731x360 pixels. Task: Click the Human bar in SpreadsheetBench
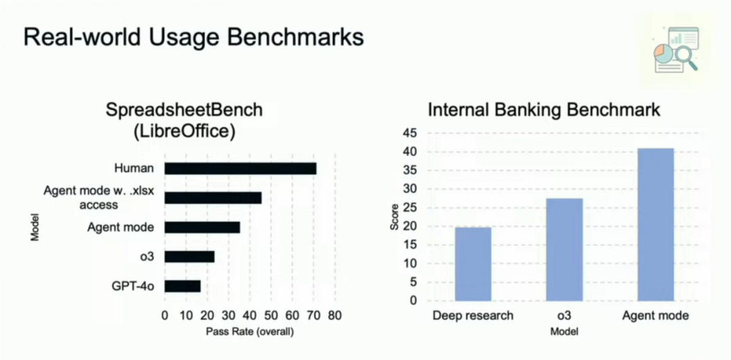[240, 168]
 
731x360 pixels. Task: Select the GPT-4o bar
[183, 286]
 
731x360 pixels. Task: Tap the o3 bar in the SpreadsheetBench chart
[190, 256]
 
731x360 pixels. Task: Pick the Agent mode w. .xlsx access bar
[213, 198]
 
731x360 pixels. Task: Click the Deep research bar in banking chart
[473, 264]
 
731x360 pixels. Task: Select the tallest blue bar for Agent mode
[655, 224]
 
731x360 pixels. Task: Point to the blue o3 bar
[564, 250]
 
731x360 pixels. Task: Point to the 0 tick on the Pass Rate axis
[164, 316]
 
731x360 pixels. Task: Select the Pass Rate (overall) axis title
[249, 332]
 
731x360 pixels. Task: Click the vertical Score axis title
[395, 217]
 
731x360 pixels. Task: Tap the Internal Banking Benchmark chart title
[544, 110]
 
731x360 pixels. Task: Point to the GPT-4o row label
[133, 286]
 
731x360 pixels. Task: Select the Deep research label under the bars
[472, 316]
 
